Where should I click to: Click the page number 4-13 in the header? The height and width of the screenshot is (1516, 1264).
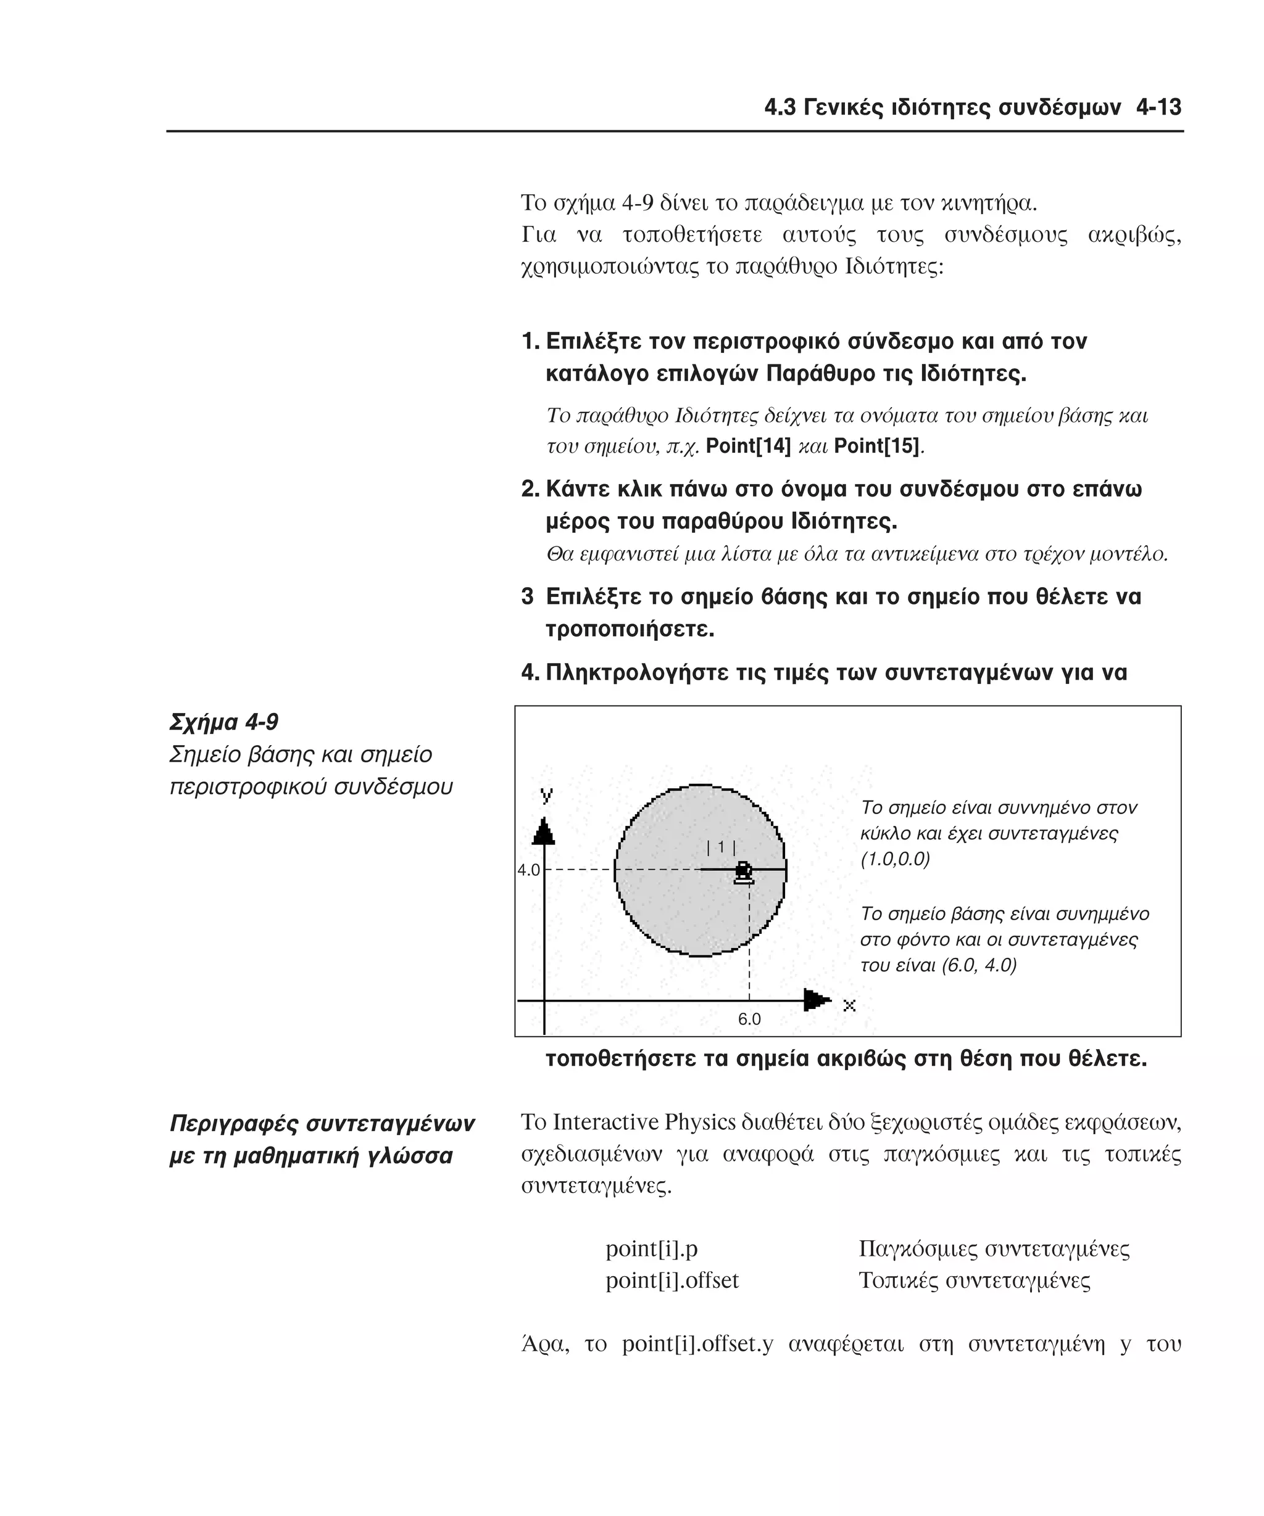tap(1158, 107)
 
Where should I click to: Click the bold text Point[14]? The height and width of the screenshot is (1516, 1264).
tap(747, 446)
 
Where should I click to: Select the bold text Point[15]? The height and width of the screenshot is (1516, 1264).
tap(876, 446)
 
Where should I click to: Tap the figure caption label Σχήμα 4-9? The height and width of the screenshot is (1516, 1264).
tap(224, 722)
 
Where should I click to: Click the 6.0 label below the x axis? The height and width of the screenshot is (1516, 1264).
tap(749, 1020)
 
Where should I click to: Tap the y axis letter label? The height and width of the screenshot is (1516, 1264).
tap(547, 795)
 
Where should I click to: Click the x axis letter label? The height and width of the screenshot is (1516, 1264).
tap(849, 1005)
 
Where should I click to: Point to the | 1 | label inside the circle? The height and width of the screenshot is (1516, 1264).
tap(721, 847)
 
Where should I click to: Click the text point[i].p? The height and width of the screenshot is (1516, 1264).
tap(652, 1248)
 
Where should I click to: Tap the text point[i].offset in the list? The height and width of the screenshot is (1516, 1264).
tap(671, 1280)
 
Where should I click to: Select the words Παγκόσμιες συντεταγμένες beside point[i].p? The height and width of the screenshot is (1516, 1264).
tap(994, 1248)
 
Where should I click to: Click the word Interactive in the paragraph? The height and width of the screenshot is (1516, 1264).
tap(605, 1123)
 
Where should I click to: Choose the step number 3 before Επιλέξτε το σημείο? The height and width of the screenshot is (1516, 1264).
tap(527, 597)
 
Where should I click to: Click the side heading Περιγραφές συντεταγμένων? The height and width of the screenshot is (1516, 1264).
tap(322, 1123)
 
